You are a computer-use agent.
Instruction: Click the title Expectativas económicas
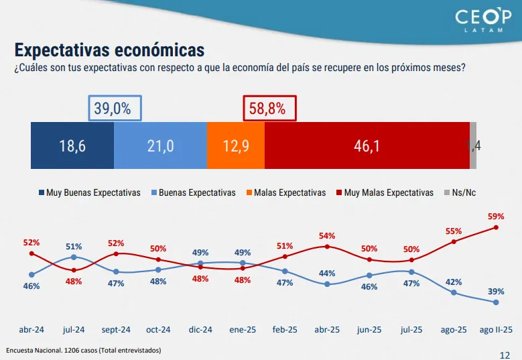109,50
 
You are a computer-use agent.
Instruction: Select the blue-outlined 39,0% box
115,109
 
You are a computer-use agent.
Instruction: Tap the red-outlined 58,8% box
268,109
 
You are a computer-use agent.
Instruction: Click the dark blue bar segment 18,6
72,145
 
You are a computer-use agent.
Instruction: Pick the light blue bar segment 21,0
160,145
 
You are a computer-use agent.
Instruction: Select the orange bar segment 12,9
236,145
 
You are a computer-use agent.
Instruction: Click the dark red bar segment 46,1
367,145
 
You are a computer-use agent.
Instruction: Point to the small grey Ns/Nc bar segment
473,145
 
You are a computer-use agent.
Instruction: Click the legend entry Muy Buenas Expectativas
89,192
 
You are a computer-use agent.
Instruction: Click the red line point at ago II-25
496,227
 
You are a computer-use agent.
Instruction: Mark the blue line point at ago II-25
496,302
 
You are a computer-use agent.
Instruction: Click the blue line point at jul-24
74,257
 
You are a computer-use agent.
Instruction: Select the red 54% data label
327,236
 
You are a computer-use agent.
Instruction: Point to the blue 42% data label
454,282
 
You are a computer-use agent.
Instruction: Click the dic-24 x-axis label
200,330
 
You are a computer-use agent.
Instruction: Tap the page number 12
505,354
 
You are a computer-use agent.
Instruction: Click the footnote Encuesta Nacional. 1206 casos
84,351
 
